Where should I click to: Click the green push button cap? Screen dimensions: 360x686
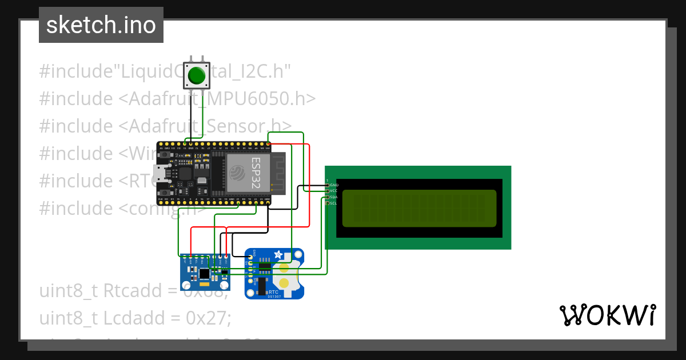pos(196,75)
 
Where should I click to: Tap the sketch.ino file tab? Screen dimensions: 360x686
pos(101,25)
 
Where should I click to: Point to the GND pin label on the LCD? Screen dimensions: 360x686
pos(334,185)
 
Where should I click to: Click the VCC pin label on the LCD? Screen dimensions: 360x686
pos(334,191)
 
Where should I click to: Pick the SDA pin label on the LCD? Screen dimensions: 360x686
pos(334,197)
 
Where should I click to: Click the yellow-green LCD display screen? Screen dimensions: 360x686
pos(419,209)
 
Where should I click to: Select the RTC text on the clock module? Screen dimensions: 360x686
pos(274,291)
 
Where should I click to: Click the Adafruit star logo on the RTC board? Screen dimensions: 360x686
pos(278,254)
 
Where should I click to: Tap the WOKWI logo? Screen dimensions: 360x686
pos(607,315)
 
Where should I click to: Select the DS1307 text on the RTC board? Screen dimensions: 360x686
pos(274,296)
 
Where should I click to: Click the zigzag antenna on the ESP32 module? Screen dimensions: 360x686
pos(278,171)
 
